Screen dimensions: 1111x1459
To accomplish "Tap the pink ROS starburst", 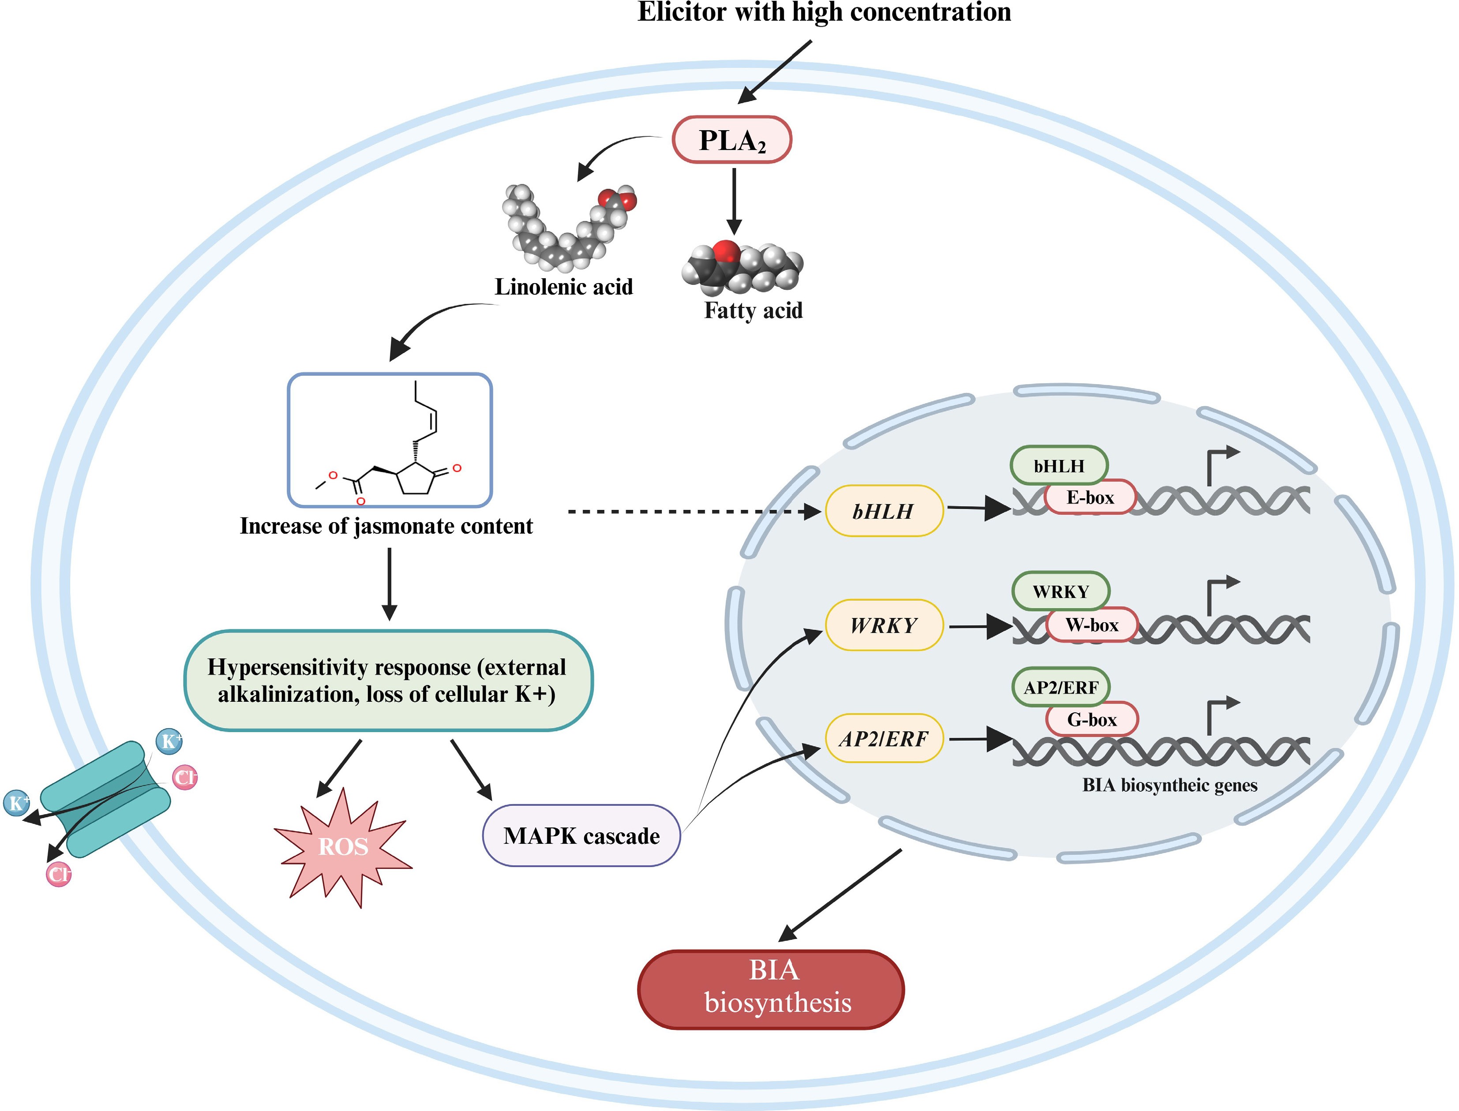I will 343,846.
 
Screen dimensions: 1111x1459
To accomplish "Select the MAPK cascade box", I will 581,836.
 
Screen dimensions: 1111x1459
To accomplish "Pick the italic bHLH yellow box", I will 884,511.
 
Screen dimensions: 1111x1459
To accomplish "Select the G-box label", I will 1092,719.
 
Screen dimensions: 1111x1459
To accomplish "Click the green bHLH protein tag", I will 1059,466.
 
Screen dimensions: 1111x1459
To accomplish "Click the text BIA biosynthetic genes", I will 1169,786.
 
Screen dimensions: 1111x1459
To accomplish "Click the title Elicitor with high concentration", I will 824,12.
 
